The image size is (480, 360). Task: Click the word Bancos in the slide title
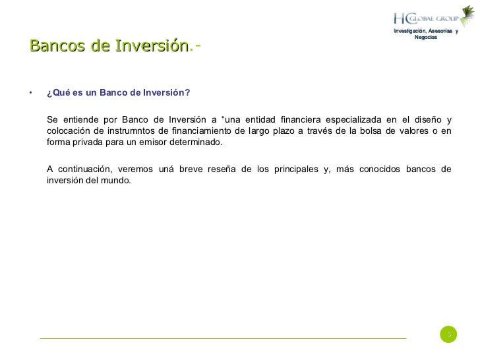tap(51, 46)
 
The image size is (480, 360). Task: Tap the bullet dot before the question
tap(30, 92)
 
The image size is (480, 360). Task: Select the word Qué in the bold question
tap(61, 92)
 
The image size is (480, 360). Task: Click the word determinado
tap(196, 142)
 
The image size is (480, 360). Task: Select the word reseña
tap(222, 169)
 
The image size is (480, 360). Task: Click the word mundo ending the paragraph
tap(115, 181)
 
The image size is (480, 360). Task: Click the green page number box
tap(448, 335)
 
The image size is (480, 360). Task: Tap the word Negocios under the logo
tap(425, 37)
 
